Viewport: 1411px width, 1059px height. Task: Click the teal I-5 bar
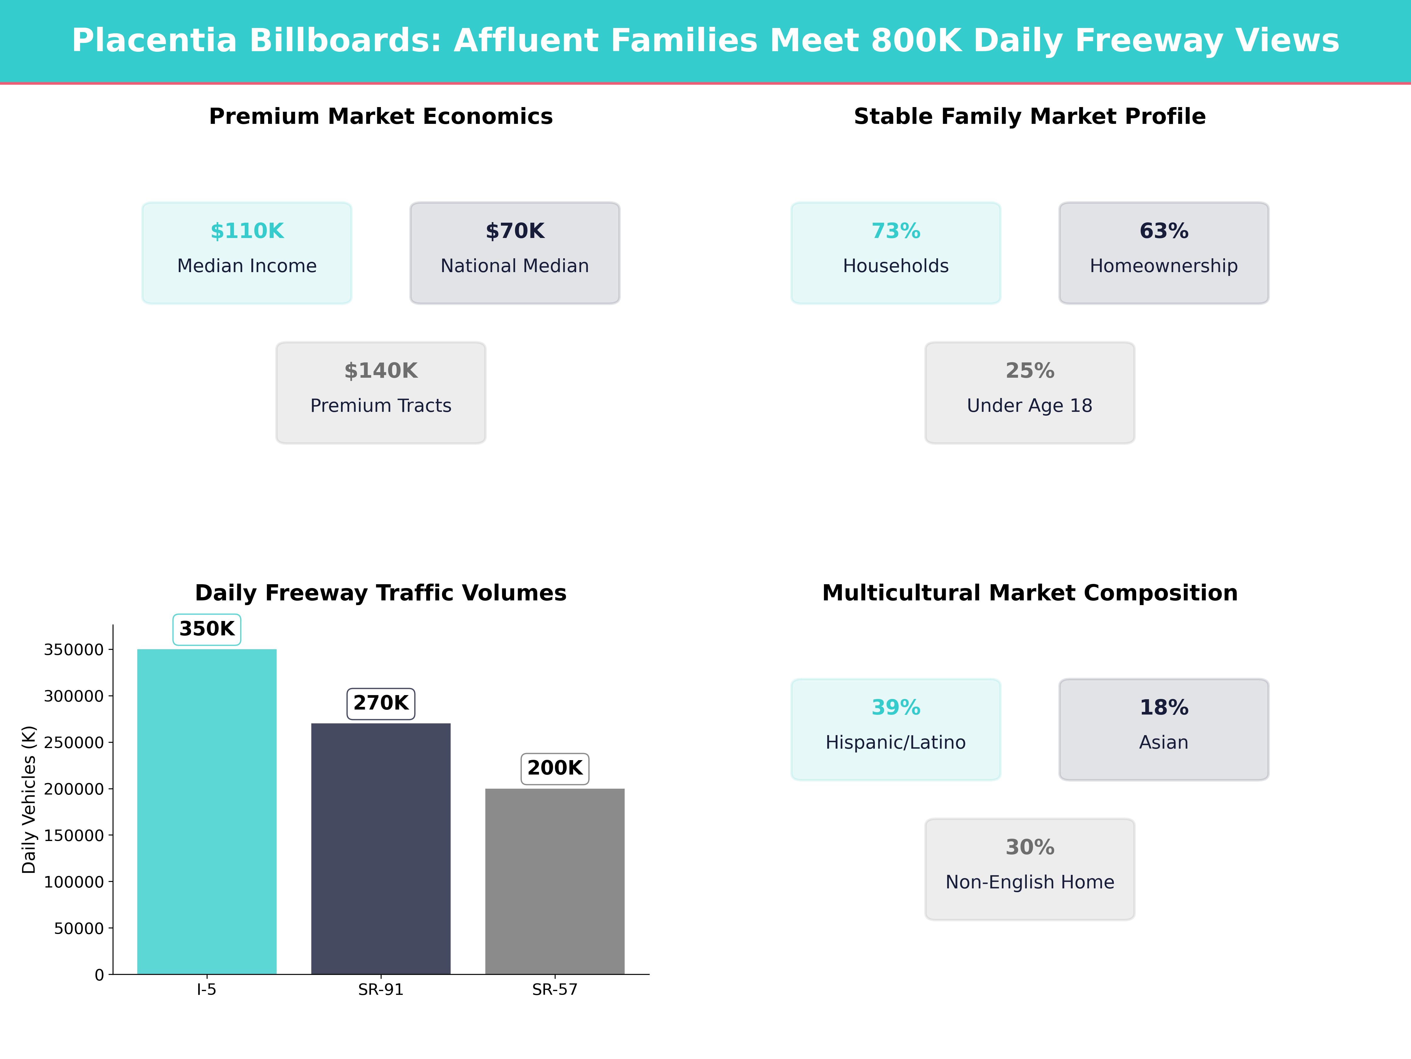click(207, 811)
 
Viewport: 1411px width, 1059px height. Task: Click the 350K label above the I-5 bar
click(207, 629)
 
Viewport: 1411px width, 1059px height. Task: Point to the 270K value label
click(381, 703)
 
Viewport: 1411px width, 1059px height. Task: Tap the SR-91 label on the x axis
click(381, 989)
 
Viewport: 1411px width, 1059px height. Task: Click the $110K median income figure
click(247, 231)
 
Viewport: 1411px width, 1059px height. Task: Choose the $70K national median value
click(515, 231)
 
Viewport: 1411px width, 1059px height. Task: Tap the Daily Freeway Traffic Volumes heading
click(381, 593)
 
